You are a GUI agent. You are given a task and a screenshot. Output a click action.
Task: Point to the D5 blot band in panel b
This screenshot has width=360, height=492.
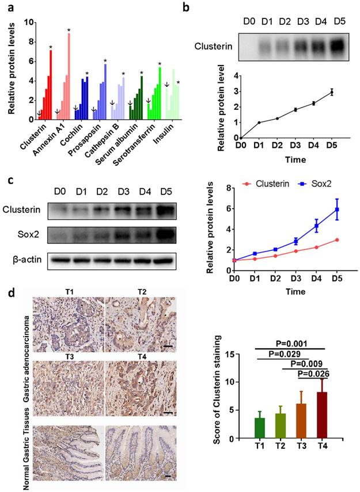tap(339, 43)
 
